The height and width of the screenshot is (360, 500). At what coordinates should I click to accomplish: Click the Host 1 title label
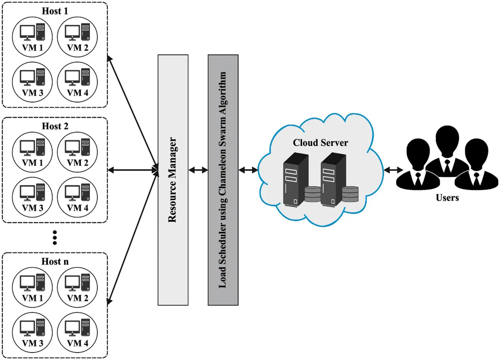(55, 11)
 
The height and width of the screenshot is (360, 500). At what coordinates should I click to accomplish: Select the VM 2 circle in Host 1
(77, 37)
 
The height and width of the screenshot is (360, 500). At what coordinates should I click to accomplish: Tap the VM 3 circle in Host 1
(32, 82)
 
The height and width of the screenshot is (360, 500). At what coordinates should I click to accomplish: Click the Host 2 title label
(55, 126)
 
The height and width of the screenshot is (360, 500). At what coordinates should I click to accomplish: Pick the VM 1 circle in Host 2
(32, 152)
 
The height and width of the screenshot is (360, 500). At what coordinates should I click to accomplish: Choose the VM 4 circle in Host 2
(77, 197)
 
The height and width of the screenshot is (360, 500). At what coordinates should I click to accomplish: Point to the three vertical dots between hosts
(55, 238)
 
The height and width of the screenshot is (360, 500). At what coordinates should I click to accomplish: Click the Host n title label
(55, 261)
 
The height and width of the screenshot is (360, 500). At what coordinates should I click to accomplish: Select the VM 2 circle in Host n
(77, 287)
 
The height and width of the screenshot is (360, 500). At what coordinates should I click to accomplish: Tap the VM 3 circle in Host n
(32, 332)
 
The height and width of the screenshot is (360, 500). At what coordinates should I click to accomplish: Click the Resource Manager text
(172, 180)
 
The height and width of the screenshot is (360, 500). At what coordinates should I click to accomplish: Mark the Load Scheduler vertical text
(223, 180)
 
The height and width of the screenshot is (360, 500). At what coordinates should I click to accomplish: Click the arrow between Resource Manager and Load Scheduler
(198, 170)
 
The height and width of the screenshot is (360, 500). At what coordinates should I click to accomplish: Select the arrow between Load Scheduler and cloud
(248, 170)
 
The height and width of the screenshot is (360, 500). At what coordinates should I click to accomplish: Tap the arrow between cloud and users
(393, 170)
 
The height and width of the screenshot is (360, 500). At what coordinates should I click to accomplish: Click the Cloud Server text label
(320, 143)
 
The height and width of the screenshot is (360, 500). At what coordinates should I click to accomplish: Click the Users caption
(447, 198)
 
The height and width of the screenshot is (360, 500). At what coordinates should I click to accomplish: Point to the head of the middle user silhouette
(447, 138)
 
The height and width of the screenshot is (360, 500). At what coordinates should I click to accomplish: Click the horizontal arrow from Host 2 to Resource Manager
(133, 170)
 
